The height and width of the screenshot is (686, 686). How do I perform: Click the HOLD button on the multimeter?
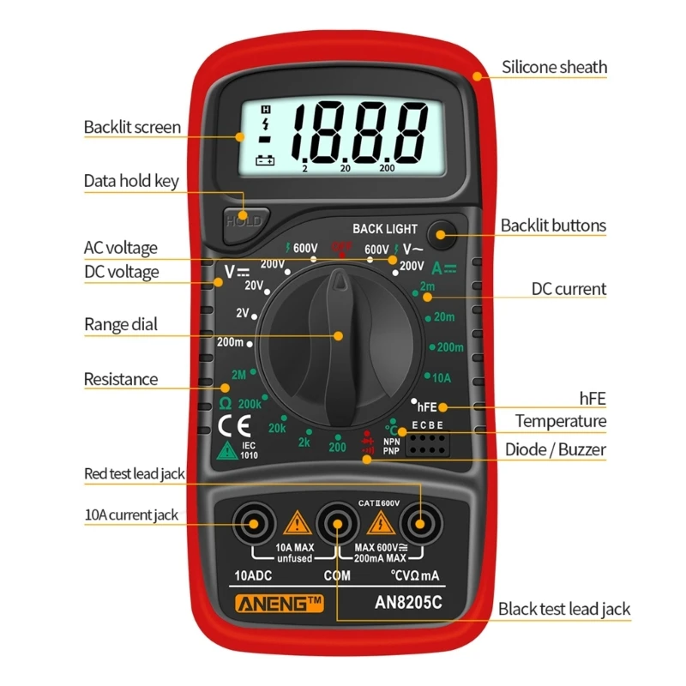point(242,220)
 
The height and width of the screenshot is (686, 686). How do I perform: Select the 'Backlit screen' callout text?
point(132,128)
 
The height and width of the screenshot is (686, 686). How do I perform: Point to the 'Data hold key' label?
point(130,181)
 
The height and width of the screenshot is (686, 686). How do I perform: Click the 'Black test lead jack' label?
point(564,610)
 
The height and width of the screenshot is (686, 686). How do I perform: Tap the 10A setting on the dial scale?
point(441,377)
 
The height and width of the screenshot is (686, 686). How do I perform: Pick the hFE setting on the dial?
point(427,408)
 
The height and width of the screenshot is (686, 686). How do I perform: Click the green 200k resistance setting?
point(250,404)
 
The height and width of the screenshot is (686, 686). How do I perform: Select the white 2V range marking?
point(243,312)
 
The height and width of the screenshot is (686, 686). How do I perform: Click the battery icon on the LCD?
point(266,160)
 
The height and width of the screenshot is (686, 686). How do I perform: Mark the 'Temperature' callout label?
point(560,421)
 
